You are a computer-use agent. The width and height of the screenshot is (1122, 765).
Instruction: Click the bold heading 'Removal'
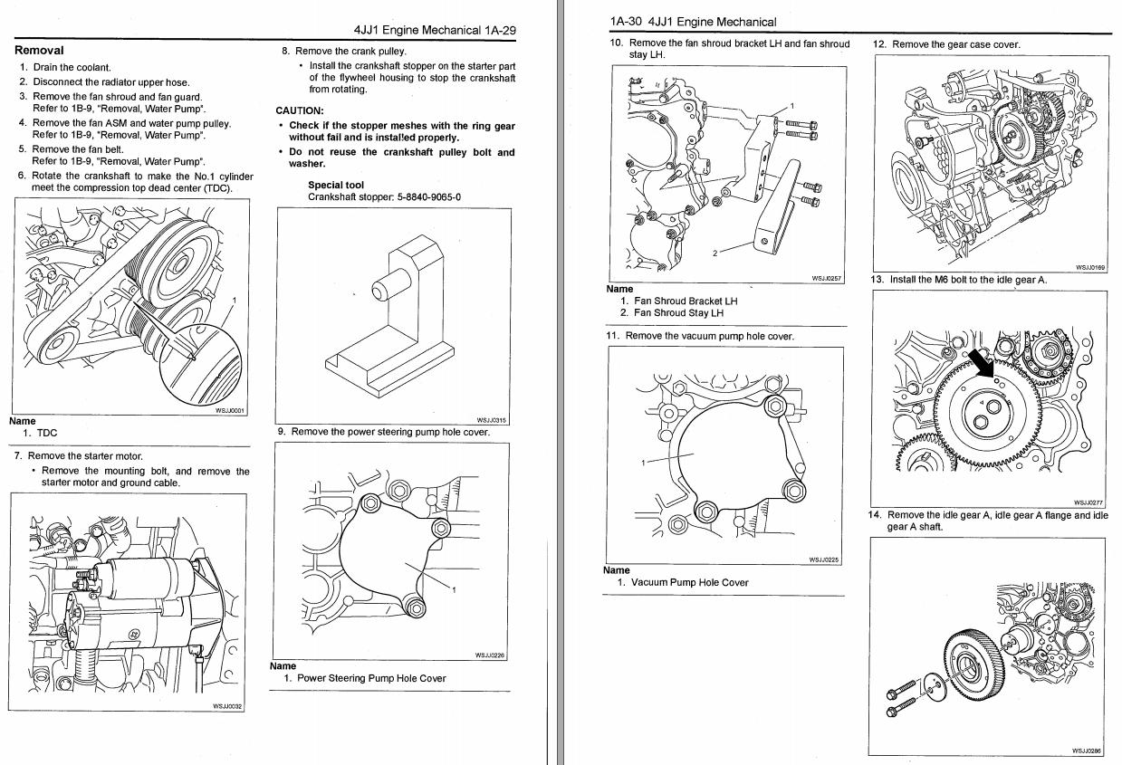[x=39, y=51]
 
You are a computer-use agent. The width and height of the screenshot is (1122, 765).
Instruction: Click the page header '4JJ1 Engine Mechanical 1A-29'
[x=435, y=30]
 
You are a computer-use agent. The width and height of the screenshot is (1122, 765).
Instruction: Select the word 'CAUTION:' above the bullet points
[x=300, y=111]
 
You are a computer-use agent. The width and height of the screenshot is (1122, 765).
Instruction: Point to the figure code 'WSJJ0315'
[x=492, y=420]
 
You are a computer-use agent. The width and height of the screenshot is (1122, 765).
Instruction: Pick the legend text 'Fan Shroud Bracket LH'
[x=686, y=301]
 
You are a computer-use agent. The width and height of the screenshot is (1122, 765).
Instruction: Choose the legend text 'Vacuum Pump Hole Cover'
[x=689, y=583]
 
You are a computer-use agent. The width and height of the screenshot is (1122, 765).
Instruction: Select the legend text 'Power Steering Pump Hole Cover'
[x=371, y=678]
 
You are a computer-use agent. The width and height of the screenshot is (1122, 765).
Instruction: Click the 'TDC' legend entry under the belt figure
[x=46, y=434]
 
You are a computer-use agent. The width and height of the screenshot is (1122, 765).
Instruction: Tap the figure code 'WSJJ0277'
[x=1088, y=503]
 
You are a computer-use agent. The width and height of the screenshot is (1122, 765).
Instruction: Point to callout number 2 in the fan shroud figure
[x=715, y=253]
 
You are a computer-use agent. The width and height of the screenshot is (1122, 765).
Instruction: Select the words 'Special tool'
[x=336, y=186]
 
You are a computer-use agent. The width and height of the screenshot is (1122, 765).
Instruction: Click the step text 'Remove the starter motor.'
[x=85, y=456]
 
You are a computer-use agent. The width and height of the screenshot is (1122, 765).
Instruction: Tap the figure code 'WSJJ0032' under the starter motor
[x=227, y=707]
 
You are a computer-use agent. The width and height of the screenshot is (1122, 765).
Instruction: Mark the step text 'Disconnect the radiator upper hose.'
[x=111, y=82]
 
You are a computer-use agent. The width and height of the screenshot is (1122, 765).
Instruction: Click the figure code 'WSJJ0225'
[x=823, y=559]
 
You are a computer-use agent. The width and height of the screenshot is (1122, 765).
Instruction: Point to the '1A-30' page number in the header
[x=627, y=22]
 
